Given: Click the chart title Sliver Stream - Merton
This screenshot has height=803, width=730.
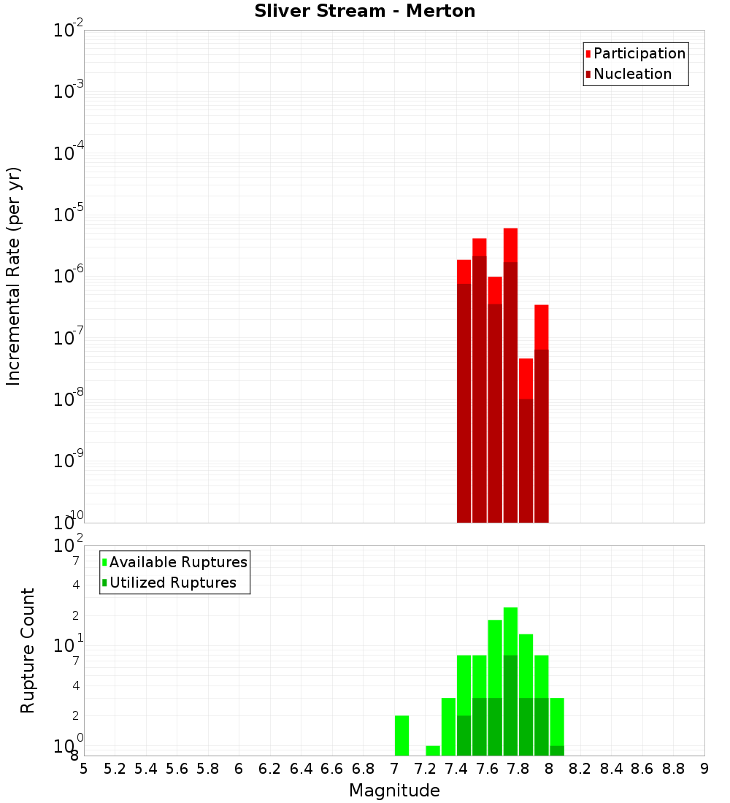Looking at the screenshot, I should click(365, 11).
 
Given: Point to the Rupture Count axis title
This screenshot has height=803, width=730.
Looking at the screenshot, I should click(27, 650).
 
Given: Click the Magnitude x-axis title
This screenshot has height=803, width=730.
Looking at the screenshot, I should click(394, 791).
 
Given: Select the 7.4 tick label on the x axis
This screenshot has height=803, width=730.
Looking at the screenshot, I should click(456, 769).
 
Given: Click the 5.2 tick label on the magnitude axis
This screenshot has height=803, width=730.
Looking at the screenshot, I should click(115, 769).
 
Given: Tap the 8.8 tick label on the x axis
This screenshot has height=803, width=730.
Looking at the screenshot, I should click(673, 769).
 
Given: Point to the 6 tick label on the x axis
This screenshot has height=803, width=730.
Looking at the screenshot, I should click(239, 769).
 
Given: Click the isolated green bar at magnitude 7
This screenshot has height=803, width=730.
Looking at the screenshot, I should click(401, 735).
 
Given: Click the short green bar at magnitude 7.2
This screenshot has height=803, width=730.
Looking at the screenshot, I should click(433, 750).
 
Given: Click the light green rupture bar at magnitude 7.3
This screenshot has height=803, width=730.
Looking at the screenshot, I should click(448, 726).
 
